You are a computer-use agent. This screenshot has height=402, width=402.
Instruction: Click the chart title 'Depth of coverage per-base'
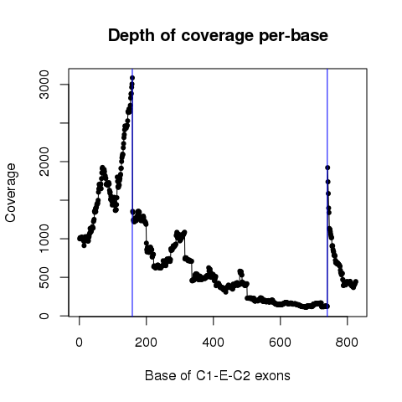(218, 36)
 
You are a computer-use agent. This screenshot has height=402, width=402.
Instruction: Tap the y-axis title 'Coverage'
(11, 193)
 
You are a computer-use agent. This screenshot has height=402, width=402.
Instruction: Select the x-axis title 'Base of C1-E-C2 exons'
(218, 375)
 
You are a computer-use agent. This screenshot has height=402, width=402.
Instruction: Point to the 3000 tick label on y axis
(44, 85)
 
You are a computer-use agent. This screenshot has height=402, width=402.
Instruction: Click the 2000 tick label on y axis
(44, 162)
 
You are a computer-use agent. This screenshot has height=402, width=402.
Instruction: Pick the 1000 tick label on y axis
(44, 239)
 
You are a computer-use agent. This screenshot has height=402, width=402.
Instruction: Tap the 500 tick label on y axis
(44, 277)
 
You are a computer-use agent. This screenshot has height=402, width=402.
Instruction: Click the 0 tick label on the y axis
(44, 316)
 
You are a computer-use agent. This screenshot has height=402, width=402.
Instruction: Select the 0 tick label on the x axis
(80, 342)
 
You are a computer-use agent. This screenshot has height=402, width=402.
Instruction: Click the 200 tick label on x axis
(146, 342)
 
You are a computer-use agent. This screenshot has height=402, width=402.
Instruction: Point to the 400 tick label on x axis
(213, 342)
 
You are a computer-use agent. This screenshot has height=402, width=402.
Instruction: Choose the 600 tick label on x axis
(280, 342)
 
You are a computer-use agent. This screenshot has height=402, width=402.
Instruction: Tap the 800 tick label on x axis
(347, 342)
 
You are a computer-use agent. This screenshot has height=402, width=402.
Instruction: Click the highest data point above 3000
(132, 78)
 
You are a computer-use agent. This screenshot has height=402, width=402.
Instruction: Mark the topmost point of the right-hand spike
(327, 167)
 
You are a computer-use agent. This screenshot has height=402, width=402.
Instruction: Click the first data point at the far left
(80, 238)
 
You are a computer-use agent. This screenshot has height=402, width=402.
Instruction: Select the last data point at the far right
(356, 281)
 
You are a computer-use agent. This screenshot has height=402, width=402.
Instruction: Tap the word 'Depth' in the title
(131, 36)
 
